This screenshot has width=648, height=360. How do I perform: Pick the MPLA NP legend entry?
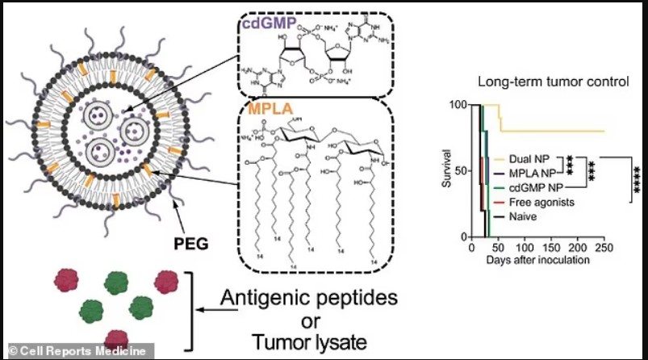[x=530, y=174]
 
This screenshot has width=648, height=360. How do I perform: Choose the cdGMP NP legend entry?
[x=534, y=188]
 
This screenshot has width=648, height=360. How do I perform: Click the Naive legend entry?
[x=524, y=216]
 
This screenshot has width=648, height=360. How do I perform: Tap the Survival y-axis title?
[x=445, y=170]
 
